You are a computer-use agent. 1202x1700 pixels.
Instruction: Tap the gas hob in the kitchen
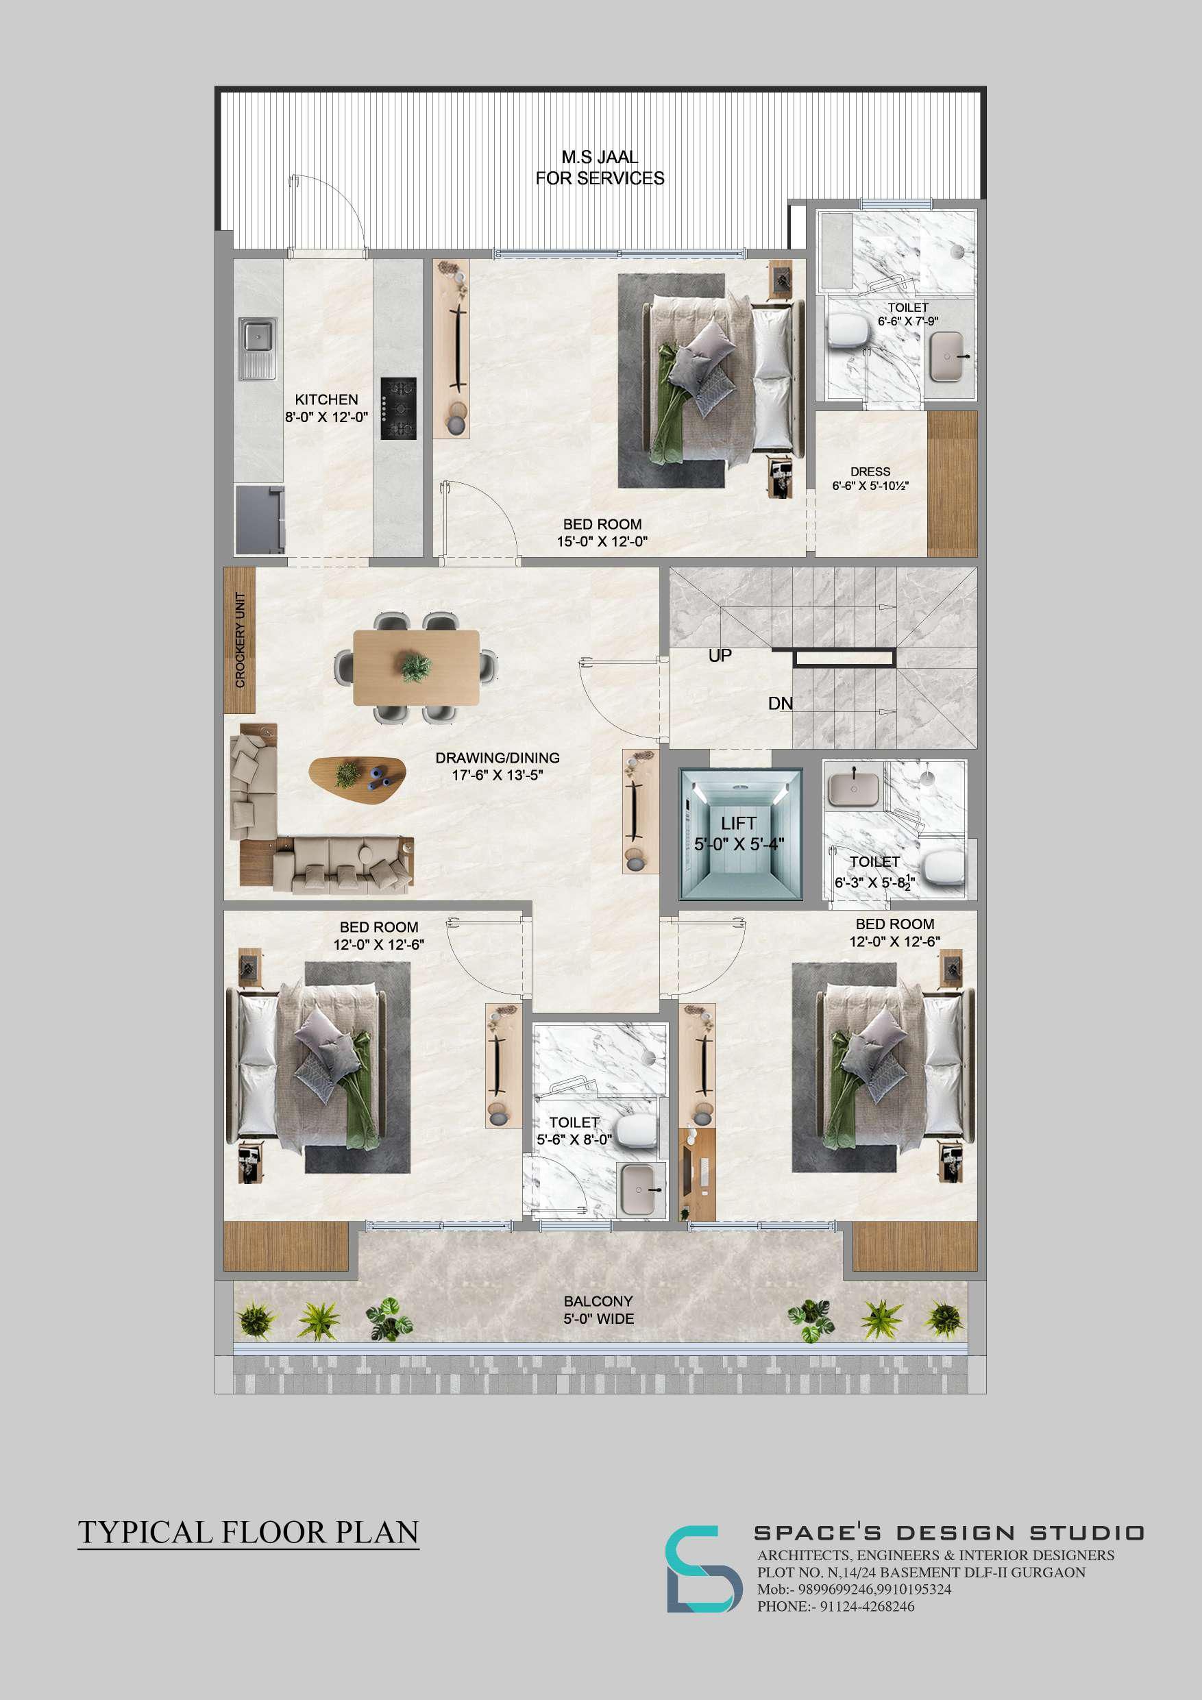[x=398, y=408]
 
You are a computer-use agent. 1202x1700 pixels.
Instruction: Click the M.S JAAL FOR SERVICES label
[x=600, y=167]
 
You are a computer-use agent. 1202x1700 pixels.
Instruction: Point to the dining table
[x=417, y=667]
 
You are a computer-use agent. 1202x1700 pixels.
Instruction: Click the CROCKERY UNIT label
[x=240, y=641]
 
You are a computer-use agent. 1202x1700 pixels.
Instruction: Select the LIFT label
[x=738, y=824]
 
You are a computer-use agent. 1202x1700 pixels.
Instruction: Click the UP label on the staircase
[x=720, y=655]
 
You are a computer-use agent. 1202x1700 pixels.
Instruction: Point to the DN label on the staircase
[x=780, y=704]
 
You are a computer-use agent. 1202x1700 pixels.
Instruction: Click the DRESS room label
[x=870, y=471]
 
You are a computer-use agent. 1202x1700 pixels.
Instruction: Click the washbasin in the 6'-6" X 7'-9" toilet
[x=948, y=356]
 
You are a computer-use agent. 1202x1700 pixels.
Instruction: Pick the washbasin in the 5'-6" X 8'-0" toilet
[x=642, y=1190]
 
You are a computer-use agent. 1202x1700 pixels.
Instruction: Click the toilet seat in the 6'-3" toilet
[x=943, y=866]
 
